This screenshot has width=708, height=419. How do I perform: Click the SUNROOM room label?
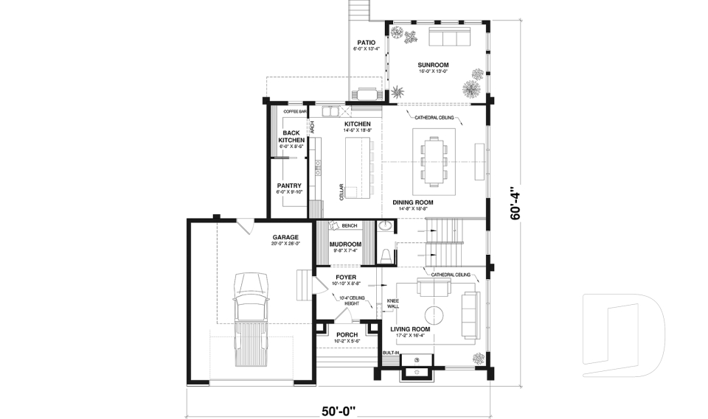click(433, 65)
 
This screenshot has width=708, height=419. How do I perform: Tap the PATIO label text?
click(366, 43)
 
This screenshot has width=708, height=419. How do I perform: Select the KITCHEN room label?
click(358, 124)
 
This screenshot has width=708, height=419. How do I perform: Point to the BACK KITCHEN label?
click(291, 136)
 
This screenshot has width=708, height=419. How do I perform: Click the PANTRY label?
click(289, 186)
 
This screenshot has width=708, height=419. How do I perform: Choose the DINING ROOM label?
click(412, 202)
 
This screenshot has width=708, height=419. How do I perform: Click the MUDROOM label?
click(344, 244)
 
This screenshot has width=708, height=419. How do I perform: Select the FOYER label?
click(346, 277)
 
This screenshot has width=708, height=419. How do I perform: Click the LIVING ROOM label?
click(411, 329)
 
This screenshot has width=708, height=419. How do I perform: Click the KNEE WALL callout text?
click(394, 304)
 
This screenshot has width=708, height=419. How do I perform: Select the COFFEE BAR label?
click(294, 111)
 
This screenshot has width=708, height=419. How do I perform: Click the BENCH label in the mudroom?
click(350, 225)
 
